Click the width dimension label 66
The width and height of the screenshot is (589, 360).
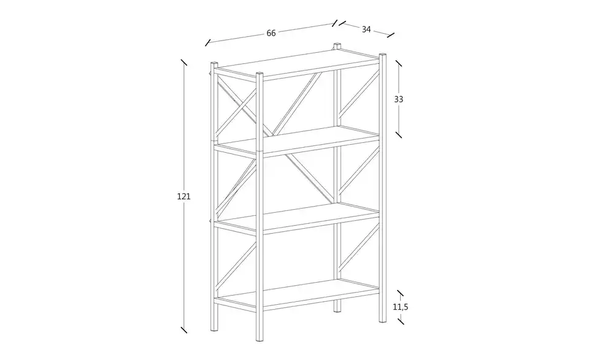(x=271, y=33)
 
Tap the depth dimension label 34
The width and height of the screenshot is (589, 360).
(x=366, y=29)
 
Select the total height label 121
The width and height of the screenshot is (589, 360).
(x=183, y=196)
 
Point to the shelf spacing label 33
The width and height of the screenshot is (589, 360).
(x=399, y=99)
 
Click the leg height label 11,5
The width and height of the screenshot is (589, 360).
(x=401, y=307)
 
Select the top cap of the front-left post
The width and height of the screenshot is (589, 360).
(x=214, y=64)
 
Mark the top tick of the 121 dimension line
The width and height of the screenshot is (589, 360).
(x=183, y=63)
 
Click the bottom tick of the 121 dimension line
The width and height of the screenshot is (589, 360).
(x=183, y=329)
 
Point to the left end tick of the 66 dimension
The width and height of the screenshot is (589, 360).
(x=208, y=42)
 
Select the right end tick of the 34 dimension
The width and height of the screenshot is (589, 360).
(x=391, y=36)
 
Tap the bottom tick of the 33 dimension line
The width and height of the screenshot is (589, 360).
(x=399, y=134)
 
